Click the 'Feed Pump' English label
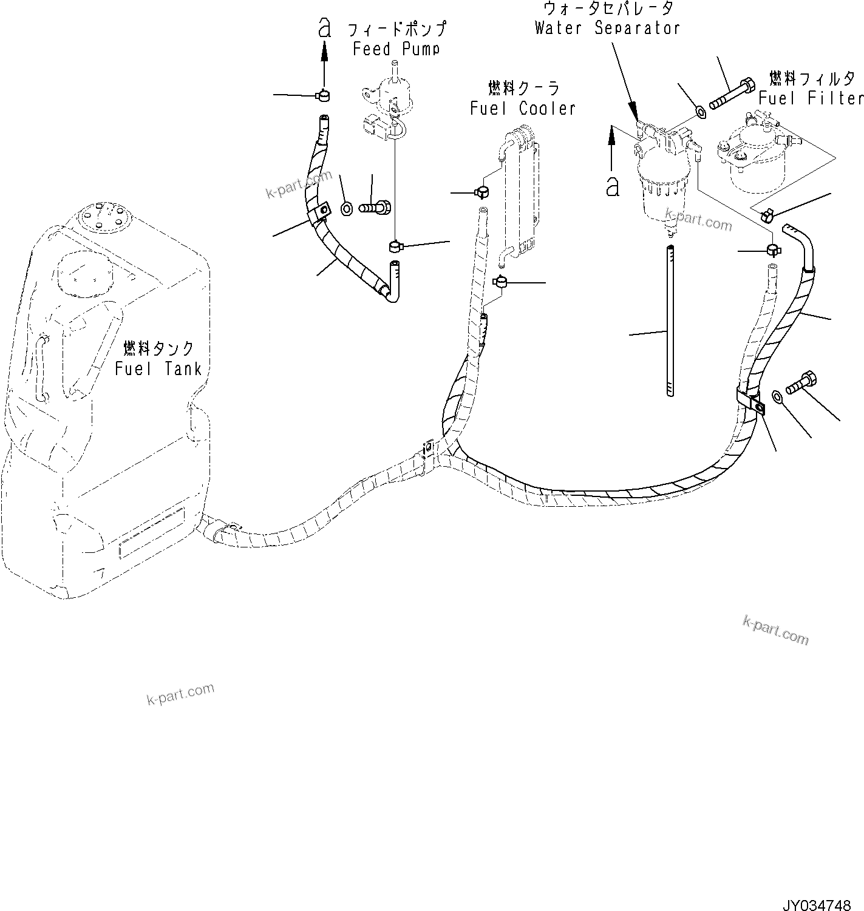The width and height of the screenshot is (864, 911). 396,49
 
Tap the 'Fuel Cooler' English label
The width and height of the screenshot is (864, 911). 523,109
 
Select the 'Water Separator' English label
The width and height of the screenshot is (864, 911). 607,28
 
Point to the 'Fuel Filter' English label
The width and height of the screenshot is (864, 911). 811,98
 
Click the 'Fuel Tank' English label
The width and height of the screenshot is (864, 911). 158,368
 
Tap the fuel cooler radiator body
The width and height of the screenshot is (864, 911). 521,194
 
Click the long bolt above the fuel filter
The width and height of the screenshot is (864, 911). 732,94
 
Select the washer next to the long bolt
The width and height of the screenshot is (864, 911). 699,112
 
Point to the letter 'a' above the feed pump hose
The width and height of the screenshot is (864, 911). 325,27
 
